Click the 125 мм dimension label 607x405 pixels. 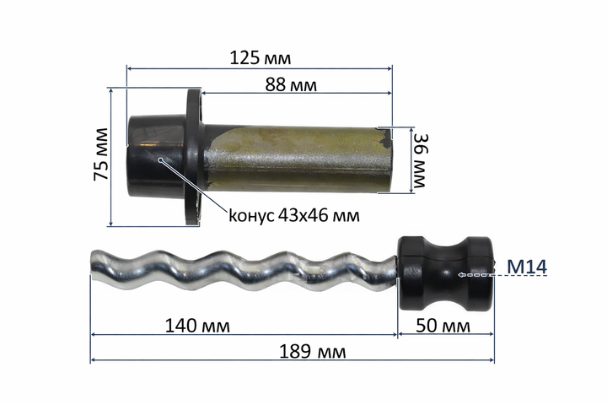coord(261,58)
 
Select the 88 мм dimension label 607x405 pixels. coord(291,84)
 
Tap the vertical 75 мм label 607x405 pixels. coord(100,154)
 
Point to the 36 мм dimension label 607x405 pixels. coord(420,160)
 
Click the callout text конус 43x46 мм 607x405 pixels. coord(294,215)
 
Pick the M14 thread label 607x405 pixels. coord(527,267)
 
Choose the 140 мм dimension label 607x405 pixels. coord(197,326)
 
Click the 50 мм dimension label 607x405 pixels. coord(443,326)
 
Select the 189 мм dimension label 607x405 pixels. coord(313,352)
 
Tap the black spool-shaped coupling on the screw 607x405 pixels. coord(446,273)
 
